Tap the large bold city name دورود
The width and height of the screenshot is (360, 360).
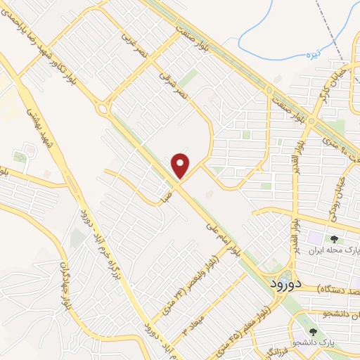285,283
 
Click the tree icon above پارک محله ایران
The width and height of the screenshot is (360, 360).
344,240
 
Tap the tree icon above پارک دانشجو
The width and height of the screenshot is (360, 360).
312,330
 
